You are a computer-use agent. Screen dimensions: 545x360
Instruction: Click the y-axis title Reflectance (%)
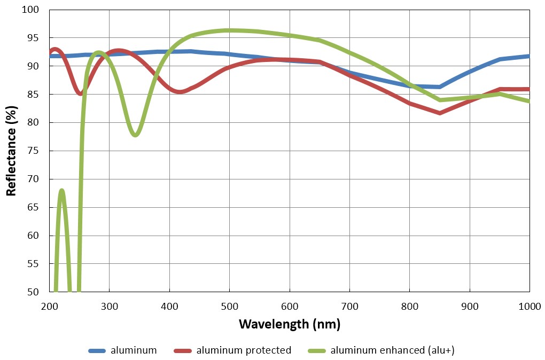coord(11,151)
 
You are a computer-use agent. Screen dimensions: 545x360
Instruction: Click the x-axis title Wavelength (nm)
coord(290,324)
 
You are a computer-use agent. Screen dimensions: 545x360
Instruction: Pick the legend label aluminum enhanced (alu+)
coord(392,350)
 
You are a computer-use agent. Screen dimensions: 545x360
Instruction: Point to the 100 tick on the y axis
coord(30,10)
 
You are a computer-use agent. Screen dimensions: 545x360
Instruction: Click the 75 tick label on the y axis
coord(33,151)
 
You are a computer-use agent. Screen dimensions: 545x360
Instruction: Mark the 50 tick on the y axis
coord(33,292)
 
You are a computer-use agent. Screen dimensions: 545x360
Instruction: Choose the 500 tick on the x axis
coord(229,306)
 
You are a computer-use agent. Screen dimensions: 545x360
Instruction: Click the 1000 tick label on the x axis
coord(530,306)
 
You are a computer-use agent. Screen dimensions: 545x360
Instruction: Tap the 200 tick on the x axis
coord(49,306)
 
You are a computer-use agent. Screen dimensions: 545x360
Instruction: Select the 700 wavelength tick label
coord(349,306)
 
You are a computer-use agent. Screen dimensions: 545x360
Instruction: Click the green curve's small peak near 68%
coord(62,191)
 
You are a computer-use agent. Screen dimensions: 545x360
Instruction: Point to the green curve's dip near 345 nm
coord(135,135)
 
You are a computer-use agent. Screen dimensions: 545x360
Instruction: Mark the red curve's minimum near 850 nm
coord(440,113)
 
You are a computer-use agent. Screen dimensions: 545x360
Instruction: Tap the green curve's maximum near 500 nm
coord(229,30)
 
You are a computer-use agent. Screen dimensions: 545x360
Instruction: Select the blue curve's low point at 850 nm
coord(440,87)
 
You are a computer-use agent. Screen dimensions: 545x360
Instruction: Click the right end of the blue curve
coord(530,56)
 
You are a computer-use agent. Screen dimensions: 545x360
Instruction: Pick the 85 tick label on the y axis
coord(33,94)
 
